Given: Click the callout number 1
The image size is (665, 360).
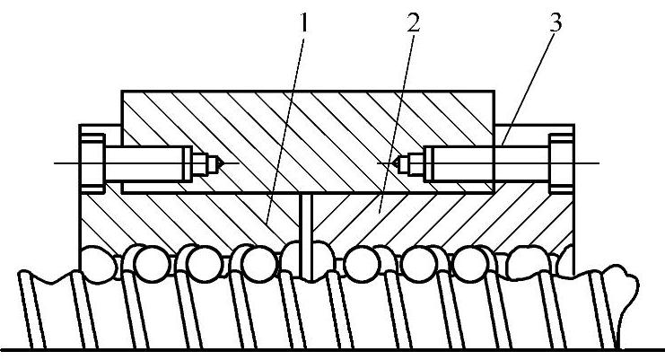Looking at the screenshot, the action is coord(304,23).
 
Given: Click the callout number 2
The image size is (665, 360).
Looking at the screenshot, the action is coord(412,23).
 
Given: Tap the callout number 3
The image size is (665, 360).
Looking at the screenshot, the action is coord(556,23).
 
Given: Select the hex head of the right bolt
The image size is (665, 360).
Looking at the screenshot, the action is coord(561,162).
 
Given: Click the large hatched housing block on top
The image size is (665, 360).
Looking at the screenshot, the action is coord(305,117).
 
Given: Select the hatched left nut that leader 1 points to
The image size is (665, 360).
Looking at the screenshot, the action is coord(179,220).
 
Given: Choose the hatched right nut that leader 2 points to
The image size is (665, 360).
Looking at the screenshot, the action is coord(449,220).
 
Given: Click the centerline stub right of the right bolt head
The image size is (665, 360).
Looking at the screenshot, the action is coord(588,163).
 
